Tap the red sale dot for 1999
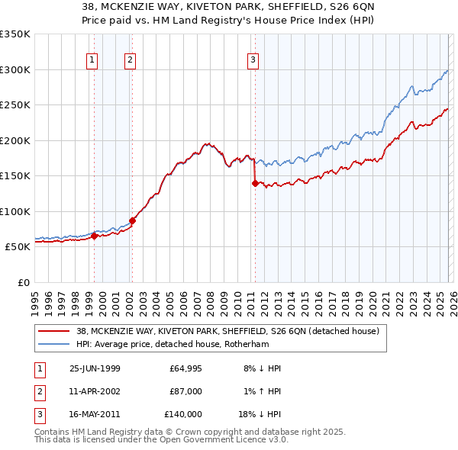point(95,236)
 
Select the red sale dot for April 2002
point(132,220)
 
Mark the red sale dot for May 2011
point(254,183)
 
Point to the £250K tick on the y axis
point(15,105)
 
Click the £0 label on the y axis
point(22,283)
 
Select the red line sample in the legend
point(54,331)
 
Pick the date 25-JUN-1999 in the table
point(95,368)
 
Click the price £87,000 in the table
point(186,391)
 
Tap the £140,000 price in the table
point(183,414)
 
